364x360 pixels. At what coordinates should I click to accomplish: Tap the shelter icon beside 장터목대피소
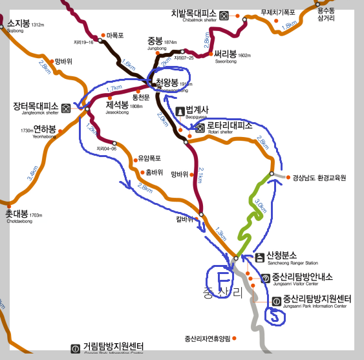click(66, 107)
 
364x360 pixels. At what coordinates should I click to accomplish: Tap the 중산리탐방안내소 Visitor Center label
click(303, 277)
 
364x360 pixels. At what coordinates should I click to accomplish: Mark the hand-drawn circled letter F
click(222, 281)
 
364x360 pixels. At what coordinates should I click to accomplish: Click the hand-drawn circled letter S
click(275, 316)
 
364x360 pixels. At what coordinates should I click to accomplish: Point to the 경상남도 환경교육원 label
click(319, 177)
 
